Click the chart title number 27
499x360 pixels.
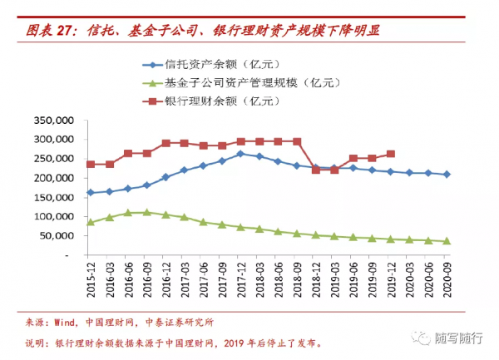pyautogui.click(x=67, y=32)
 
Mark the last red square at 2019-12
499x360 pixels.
pyautogui.click(x=391, y=154)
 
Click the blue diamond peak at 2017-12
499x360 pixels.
pyautogui.click(x=240, y=154)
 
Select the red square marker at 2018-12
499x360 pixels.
pyautogui.click(x=316, y=170)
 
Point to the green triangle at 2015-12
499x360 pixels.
pyautogui.click(x=90, y=222)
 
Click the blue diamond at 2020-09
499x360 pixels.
pyautogui.click(x=447, y=175)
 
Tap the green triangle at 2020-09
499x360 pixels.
pyautogui.click(x=447, y=241)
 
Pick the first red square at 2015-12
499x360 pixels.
pyautogui.click(x=90, y=165)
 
